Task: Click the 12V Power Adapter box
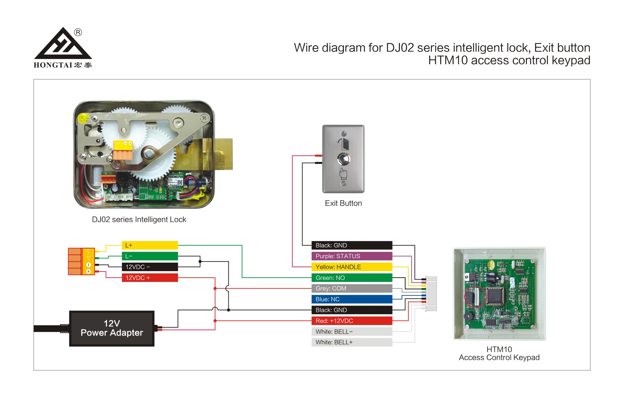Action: tap(112, 328)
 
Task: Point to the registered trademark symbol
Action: tap(78, 32)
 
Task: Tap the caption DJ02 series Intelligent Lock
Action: tap(139, 220)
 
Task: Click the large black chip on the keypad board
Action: tap(495, 296)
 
